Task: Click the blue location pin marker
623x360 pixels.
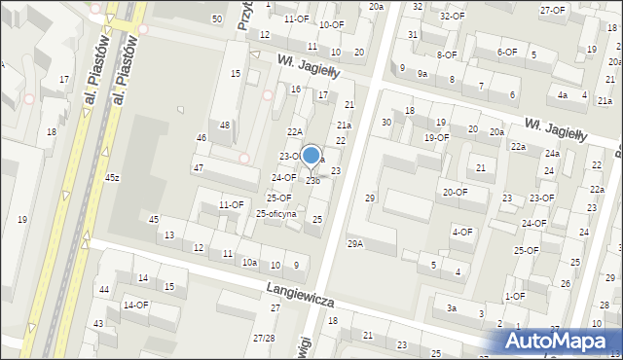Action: (x=311, y=157)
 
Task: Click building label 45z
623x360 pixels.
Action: (x=113, y=177)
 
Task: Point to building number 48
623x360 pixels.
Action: (x=225, y=125)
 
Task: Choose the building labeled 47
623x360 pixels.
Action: (x=198, y=168)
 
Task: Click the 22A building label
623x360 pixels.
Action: (x=295, y=131)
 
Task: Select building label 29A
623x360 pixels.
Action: (x=355, y=243)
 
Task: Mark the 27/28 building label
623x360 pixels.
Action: (x=264, y=339)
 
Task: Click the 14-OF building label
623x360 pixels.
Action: (x=135, y=305)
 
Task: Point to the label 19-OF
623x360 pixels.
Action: (x=436, y=137)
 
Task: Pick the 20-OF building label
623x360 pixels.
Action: (x=454, y=192)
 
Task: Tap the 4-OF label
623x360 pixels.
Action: (x=462, y=232)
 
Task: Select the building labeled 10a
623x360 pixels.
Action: (x=250, y=263)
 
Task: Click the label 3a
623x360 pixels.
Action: (x=452, y=307)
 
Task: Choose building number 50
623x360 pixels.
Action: (x=216, y=19)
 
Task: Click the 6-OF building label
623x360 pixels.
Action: (x=507, y=53)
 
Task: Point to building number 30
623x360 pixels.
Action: (x=386, y=122)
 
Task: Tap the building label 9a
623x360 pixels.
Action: (x=422, y=73)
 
